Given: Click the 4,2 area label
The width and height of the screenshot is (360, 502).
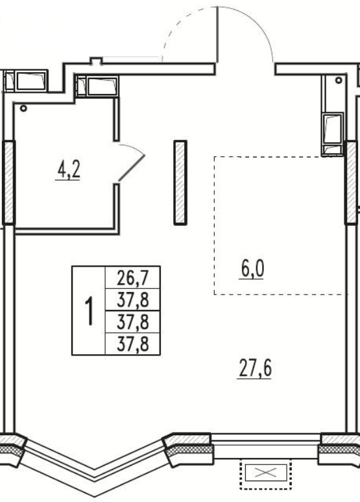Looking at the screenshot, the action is click(68, 170).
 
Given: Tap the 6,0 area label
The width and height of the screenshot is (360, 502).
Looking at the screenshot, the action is click(252, 269).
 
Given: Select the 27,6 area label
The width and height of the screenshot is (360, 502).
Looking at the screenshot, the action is click(256, 368).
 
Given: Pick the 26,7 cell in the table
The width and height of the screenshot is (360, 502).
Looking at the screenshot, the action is click(132, 278).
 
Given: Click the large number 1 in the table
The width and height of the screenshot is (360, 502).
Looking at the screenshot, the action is click(90, 311).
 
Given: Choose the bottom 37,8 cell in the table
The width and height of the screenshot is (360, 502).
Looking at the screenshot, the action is click(132, 344).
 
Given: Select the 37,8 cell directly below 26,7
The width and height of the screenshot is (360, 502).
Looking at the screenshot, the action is click(132, 300).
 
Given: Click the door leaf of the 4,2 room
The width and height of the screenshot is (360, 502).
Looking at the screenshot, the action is click(131, 168).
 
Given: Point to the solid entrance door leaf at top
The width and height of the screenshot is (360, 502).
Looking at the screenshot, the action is click(217, 34).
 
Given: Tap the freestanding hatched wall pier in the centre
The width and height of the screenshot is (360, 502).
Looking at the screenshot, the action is click(180, 182).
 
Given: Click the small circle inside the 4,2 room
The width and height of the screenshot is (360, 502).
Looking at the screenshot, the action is click(23, 108).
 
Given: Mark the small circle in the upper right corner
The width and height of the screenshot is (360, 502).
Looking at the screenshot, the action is click(339, 80).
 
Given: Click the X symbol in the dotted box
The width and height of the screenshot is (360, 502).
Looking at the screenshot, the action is click(266, 473).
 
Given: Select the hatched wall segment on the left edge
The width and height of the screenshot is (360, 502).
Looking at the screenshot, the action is click(8, 182).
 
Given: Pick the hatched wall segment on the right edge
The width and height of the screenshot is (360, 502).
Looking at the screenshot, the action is click(351, 182).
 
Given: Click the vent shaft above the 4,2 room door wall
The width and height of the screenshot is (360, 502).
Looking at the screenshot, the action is click(97, 86).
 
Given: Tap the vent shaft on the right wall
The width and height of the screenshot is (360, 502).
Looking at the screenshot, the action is click(333, 134).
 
